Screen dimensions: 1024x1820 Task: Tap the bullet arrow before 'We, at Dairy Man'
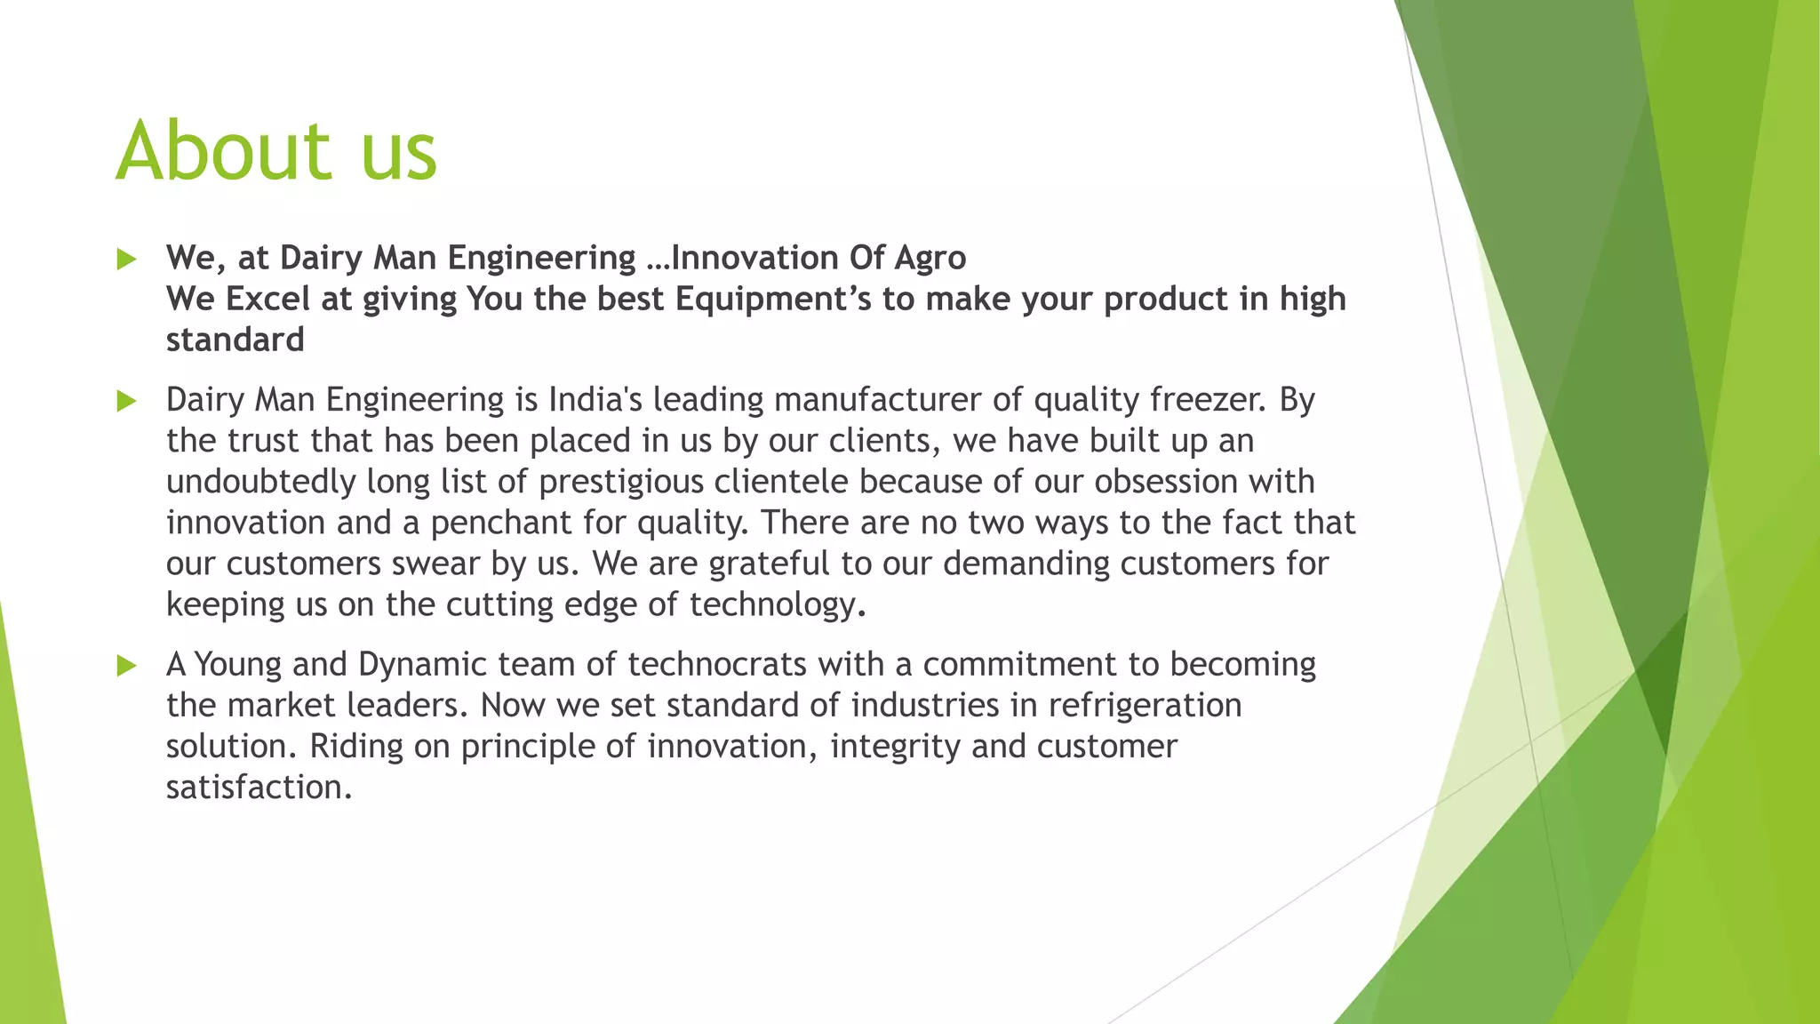coord(126,260)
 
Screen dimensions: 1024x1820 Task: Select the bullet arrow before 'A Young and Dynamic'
coord(126,666)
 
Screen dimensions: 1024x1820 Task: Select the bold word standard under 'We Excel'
coord(235,340)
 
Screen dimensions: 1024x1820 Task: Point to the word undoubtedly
coord(261,482)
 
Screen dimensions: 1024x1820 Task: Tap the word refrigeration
coord(1145,707)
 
